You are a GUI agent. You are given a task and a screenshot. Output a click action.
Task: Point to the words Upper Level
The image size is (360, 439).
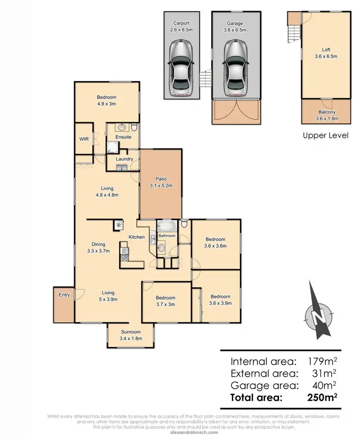(x=325, y=136)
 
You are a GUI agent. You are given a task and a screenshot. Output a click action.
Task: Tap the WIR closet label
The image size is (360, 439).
(x=84, y=139)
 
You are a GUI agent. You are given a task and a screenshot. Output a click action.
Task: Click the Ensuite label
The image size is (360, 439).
(x=123, y=137)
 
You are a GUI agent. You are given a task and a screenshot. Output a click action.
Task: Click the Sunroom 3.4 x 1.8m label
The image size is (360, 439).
(x=130, y=335)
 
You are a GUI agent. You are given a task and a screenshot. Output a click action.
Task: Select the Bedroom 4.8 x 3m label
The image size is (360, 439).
(x=107, y=100)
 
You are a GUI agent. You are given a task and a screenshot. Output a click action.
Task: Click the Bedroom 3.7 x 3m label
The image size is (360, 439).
(x=165, y=301)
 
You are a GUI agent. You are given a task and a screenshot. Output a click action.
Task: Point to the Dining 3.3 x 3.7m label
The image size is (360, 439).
(x=98, y=247)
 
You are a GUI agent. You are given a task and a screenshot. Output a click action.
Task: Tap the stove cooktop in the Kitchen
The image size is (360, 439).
(x=125, y=258)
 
